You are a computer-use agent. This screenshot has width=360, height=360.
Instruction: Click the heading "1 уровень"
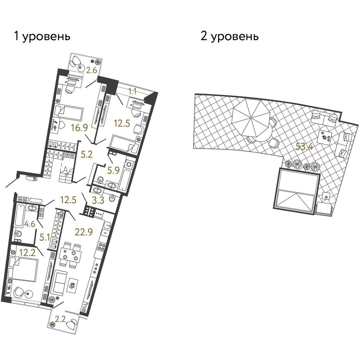click(x=42, y=36)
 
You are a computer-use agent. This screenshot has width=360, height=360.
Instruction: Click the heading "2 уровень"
click(x=229, y=36)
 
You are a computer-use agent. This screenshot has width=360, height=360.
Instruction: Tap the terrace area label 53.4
click(x=304, y=146)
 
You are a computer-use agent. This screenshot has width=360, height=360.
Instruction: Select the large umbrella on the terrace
click(x=251, y=118)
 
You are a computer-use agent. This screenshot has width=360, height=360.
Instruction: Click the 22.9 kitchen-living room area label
click(x=84, y=232)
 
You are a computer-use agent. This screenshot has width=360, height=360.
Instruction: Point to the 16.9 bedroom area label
click(x=79, y=128)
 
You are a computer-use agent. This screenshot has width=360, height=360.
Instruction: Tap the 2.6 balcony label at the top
click(x=91, y=70)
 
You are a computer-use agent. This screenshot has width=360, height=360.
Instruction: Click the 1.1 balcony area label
click(x=132, y=91)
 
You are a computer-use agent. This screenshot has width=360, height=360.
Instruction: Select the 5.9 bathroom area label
click(x=113, y=170)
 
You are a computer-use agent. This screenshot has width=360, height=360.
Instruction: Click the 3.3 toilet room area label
click(x=98, y=200)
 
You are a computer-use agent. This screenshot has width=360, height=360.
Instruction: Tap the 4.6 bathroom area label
click(x=29, y=224)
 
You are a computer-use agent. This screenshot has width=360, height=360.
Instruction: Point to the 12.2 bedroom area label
click(x=27, y=253)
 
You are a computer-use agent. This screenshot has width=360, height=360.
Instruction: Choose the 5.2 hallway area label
click(x=87, y=154)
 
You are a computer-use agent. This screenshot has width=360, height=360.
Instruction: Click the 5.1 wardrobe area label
click(x=45, y=237)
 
